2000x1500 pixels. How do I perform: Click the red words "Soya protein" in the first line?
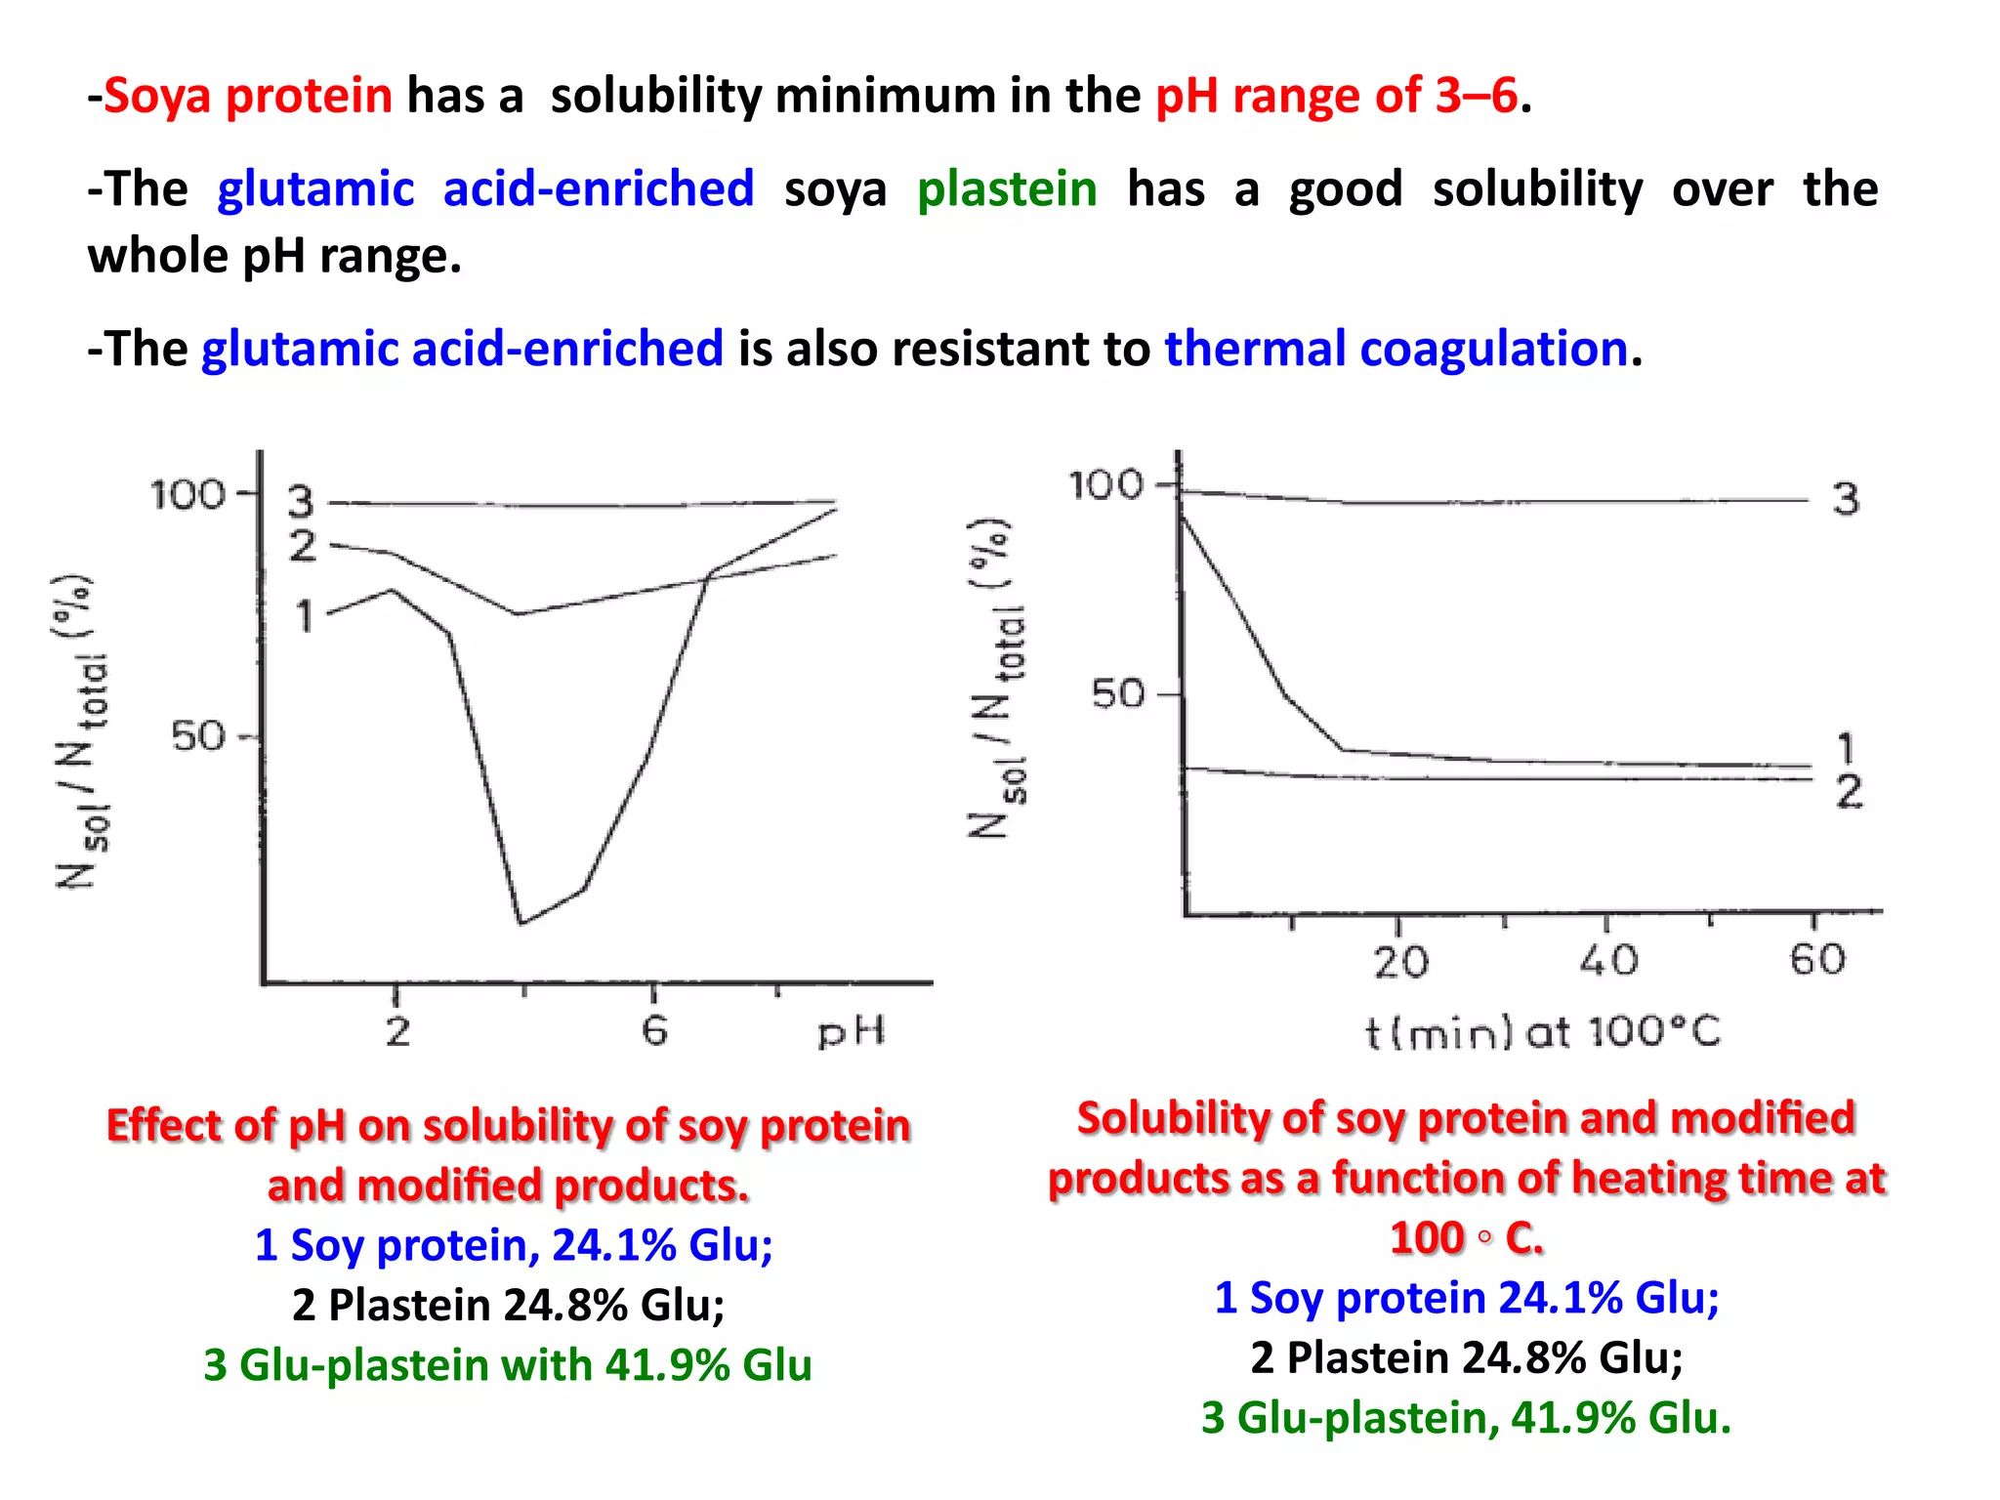point(248,96)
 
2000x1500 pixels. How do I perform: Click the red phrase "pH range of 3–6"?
point(1336,96)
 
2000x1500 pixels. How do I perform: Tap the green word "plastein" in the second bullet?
point(1007,188)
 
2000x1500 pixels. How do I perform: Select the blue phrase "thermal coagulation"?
point(1396,349)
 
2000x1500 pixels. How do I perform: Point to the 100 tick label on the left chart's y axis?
point(187,494)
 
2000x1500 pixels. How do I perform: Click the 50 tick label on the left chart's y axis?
point(198,735)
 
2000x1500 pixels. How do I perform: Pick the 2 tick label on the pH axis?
point(396,1030)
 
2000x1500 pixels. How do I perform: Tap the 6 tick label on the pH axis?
point(654,1030)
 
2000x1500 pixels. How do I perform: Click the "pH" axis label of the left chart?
point(851,1032)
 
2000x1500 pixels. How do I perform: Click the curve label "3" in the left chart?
point(301,502)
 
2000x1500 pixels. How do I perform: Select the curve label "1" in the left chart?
point(305,616)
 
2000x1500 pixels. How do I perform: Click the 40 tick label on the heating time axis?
point(1608,961)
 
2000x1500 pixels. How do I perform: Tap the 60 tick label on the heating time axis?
point(1817,960)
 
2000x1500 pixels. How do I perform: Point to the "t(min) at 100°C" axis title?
point(1542,1032)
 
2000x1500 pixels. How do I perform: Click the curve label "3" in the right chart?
point(1845,499)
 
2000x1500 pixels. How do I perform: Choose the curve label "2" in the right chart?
point(1848,792)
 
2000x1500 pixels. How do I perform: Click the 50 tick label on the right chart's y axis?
point(1117,694)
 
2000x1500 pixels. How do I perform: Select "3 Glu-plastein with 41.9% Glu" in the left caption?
point(507,1364)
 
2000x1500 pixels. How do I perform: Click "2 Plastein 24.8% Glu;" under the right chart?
point(1466,1357)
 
